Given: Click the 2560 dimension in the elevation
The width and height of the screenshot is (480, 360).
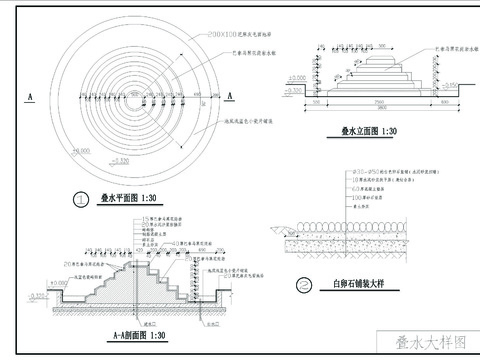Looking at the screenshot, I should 376,101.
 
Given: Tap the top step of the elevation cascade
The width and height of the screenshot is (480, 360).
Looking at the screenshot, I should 377,58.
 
